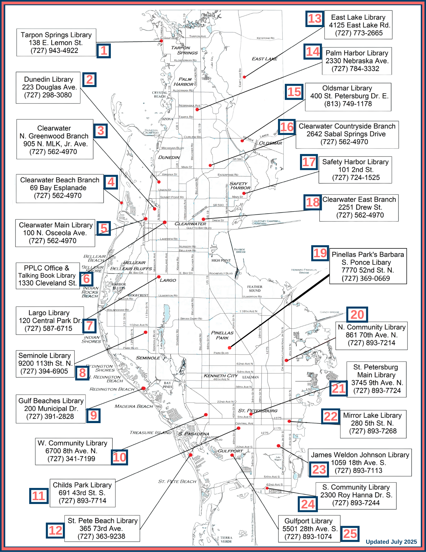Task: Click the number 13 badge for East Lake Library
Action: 315,19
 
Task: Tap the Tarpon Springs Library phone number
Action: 54,51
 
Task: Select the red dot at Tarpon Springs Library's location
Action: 161,41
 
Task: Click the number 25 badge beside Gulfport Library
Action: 350,534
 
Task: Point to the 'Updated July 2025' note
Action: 391,542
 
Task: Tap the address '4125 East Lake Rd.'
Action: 359,25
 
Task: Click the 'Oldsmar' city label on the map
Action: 270,143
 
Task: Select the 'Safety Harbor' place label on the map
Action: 240,186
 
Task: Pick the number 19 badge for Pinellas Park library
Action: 320,253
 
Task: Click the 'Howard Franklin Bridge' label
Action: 304,271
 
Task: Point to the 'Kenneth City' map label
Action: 221,376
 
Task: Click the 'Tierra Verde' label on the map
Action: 226,540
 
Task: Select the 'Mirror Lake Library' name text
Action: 372,415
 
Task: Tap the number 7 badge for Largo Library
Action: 89,326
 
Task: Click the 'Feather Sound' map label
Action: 254,289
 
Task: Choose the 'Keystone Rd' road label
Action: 265,38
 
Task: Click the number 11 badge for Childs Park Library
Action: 39,496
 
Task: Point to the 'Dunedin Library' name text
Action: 49,79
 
